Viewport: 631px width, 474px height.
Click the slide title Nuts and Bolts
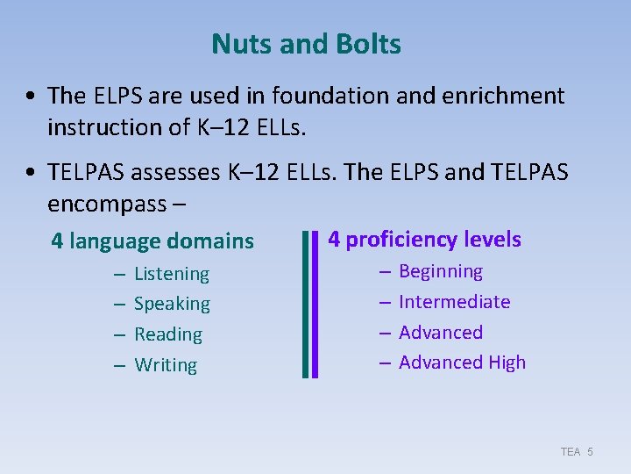click(306, 44)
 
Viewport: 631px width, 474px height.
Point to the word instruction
click(103, 127)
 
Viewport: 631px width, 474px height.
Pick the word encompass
click(109, 204)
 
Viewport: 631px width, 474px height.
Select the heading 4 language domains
click(152, 241)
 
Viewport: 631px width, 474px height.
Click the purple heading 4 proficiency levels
click(424, 239)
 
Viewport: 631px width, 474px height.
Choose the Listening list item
click(172, 274)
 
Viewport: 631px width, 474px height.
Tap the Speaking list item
click(172, 304)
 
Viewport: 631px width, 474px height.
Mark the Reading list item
click(168, 334)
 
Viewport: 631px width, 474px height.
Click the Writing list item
click(166, 365)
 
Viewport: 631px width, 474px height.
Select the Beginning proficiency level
click(441, 271)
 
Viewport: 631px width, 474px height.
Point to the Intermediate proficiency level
click(454, 302)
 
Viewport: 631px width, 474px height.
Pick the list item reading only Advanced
click(441, 333)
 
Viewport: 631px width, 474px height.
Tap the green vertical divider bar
click(304, 304)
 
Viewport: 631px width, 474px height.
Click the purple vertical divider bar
click(315, 304)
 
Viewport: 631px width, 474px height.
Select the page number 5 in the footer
click(591, 451)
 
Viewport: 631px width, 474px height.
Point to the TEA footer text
click(571, 451)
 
